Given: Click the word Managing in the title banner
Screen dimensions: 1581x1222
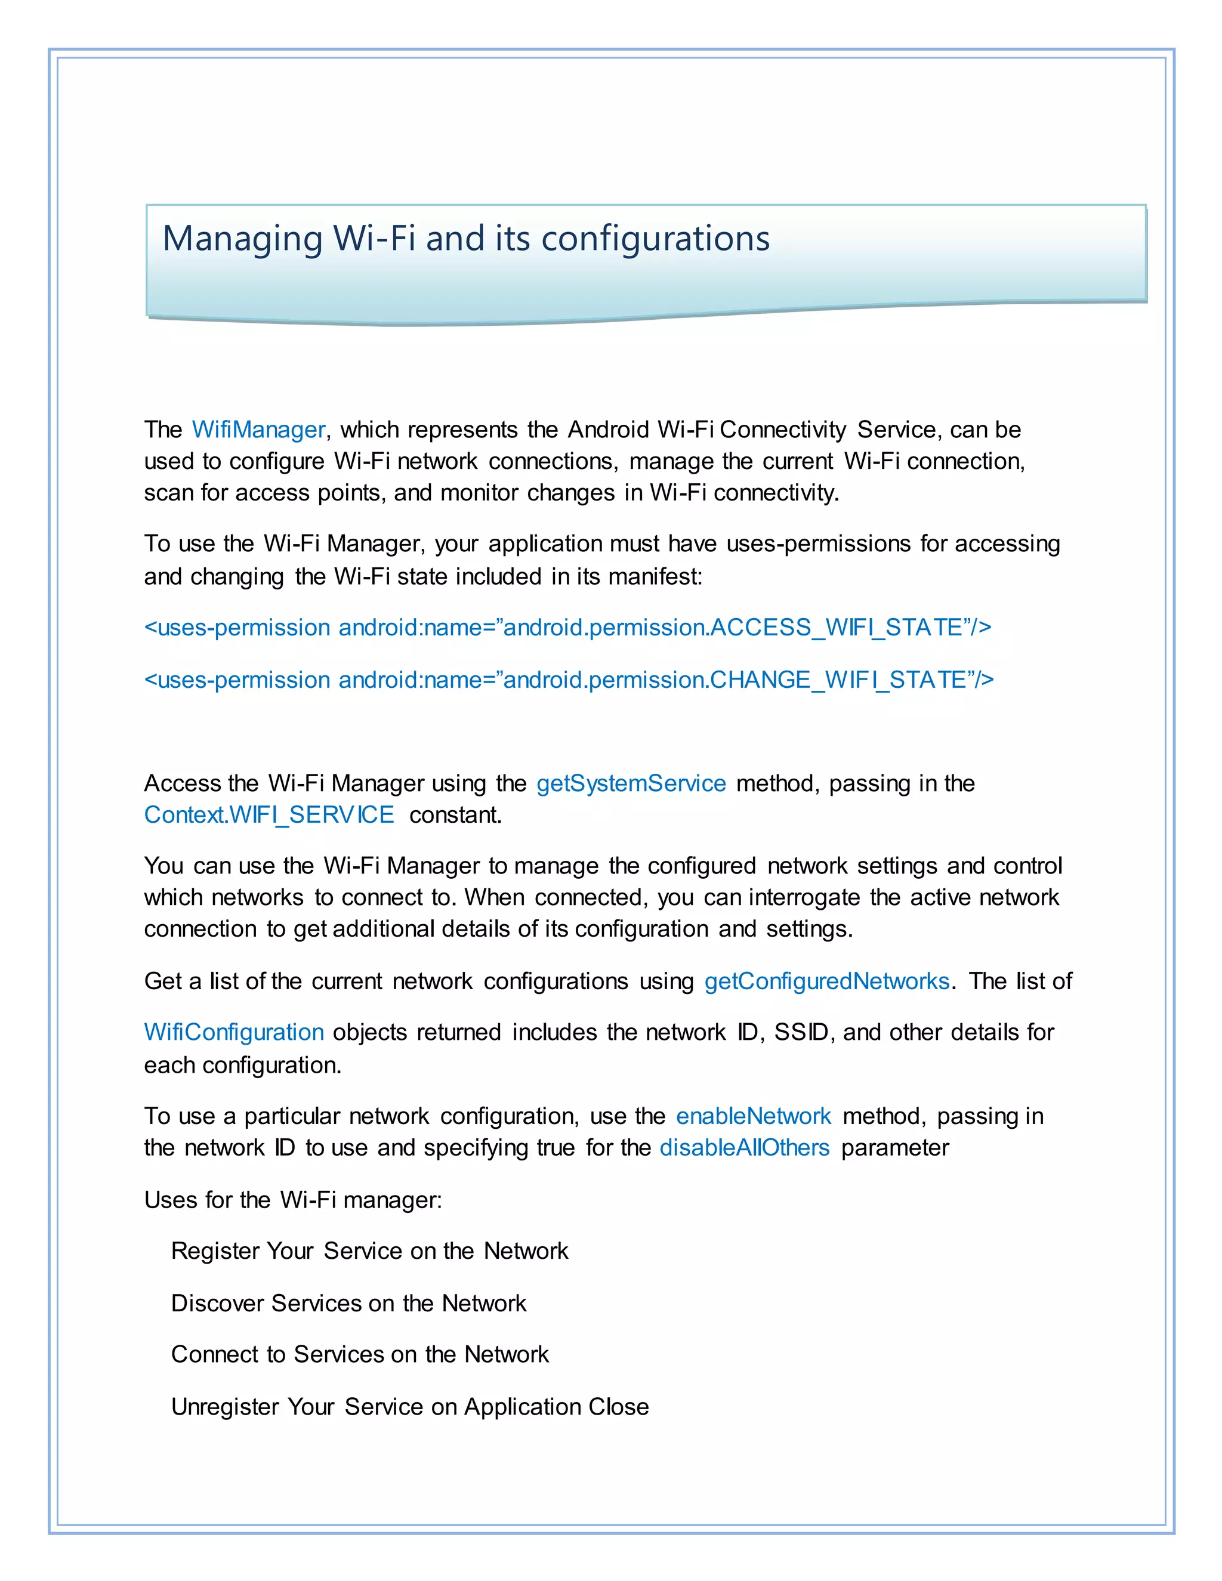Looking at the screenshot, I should click(242, 239).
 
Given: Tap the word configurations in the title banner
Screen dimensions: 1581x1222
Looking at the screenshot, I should click(655, 239).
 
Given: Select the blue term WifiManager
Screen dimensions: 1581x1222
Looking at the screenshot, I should click(258, 430).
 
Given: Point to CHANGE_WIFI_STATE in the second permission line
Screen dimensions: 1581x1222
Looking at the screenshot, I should click(838, 681).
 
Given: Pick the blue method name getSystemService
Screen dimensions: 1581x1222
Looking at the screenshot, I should click(631, 783).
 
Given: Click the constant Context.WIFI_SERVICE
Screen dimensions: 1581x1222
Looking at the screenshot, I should click(269, 815).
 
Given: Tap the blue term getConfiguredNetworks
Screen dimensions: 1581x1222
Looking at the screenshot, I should click(826, 981).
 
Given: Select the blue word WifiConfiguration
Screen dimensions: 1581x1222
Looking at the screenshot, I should click(234, 1032).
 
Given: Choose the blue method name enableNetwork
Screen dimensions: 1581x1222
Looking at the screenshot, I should click(753, 1116).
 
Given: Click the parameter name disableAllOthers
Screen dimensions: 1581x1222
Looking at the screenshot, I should click(744, 1148).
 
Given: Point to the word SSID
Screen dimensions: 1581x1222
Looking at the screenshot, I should click(801, 1032).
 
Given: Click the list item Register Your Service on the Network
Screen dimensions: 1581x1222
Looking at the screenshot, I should click(369, 1251).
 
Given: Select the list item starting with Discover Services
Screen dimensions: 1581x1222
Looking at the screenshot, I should click(348, 1303).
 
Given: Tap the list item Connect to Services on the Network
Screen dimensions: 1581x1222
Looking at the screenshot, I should click(360, 1354).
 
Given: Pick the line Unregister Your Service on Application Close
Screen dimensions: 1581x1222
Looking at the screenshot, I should click(410, 1407).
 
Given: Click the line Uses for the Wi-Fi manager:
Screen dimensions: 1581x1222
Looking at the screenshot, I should click(292, 1200).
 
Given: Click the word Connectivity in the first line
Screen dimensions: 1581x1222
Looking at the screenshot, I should click(783, 430).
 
